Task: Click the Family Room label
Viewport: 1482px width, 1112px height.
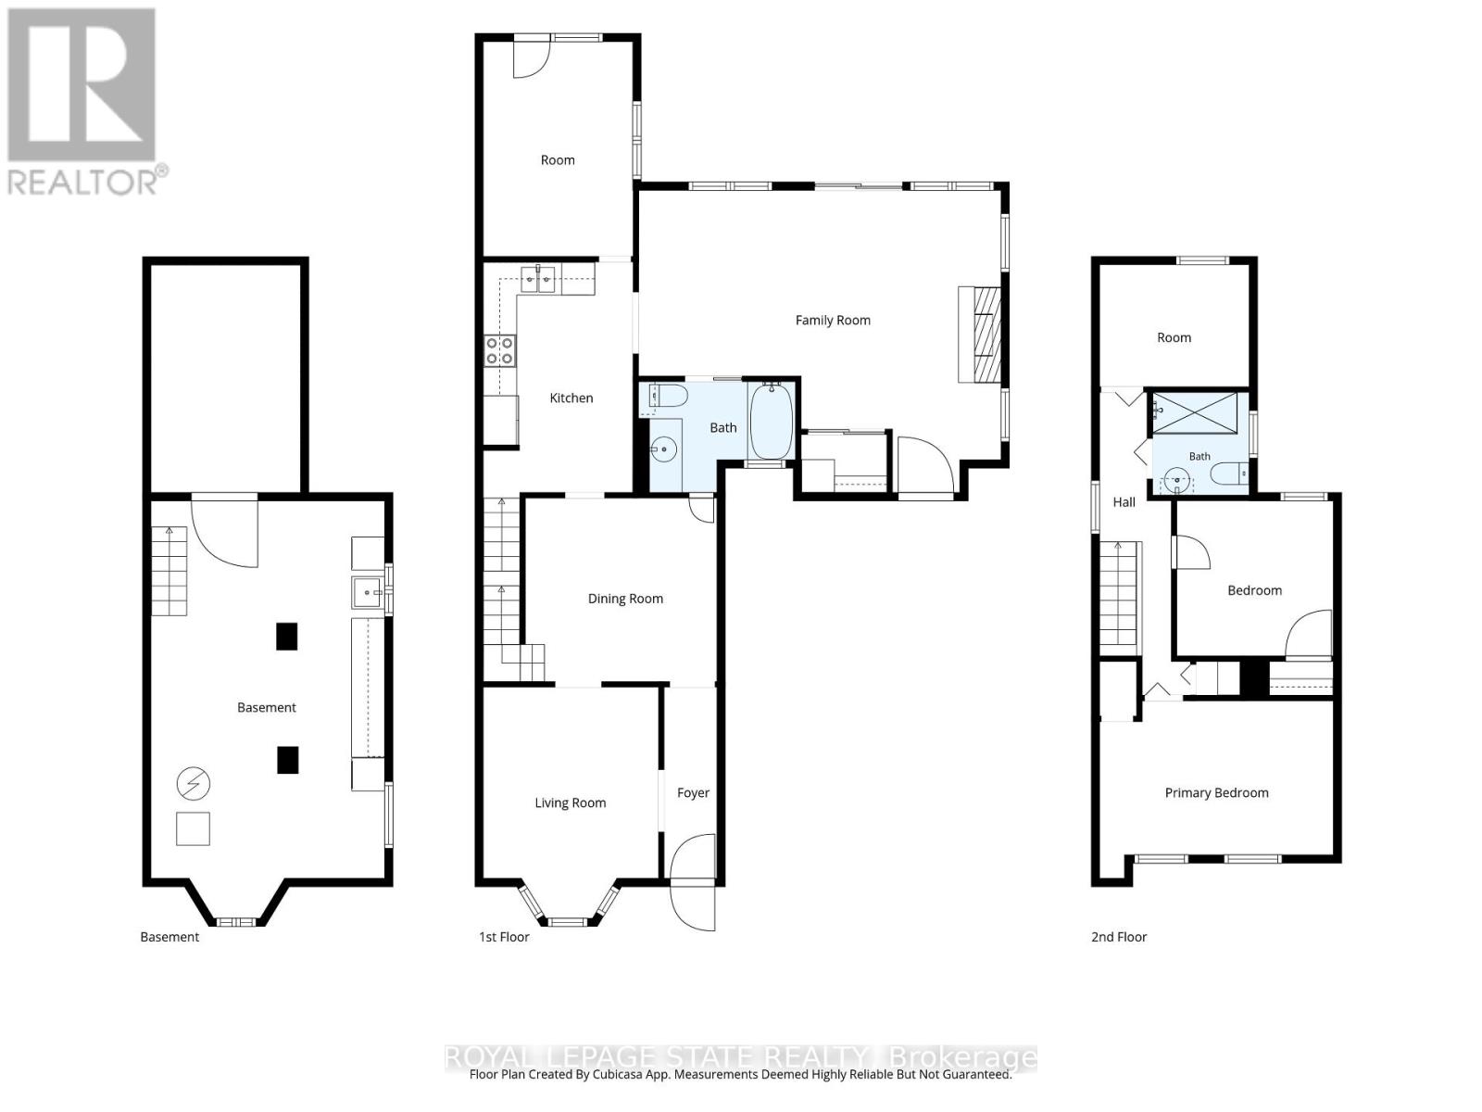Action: tap(832, 320)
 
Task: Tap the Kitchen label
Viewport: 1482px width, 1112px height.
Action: tap(571, 398)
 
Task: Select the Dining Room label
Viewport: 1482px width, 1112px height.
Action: tap(624, 599)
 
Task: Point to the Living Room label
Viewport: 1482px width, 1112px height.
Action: tap(570, 802)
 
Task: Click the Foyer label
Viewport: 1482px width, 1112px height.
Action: tap(693, 792)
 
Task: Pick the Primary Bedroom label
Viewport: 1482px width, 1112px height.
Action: tap(1216, 792)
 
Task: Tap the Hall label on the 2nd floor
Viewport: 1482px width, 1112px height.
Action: tap(1124, 501)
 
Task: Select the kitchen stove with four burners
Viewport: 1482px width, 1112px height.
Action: tap(499, 351)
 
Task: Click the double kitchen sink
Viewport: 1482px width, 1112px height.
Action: tap(537, 279)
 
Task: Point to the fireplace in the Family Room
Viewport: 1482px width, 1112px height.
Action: tap(979, 335)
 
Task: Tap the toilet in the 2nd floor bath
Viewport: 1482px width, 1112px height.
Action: tap(1228, 474)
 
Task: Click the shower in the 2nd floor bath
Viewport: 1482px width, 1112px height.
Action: tap(1194, 412)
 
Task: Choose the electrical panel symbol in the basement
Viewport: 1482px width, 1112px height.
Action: tap(193, 784)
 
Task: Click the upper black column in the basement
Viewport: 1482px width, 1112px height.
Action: tap(286, 636)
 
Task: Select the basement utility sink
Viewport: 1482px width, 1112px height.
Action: tap(368, 593)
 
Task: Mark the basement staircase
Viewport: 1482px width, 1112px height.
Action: tap(169, 571)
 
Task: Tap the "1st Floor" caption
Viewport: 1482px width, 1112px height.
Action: tap(504, 937)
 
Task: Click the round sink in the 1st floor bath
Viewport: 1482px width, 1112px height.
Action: tap(664, 449)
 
